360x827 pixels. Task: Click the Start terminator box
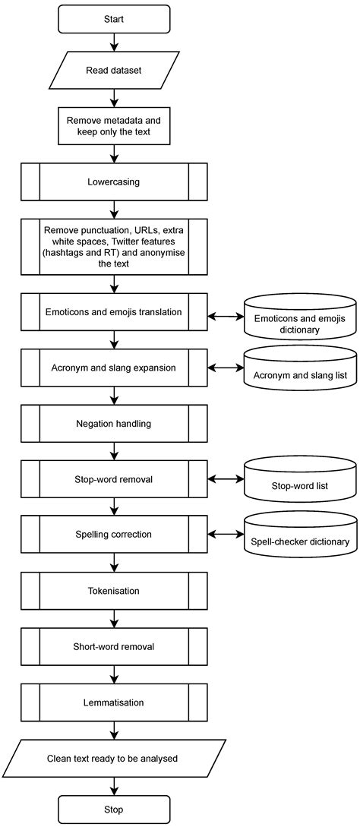pos(113,19)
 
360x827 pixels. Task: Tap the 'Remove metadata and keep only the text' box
pos(113,126)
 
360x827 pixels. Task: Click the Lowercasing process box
pos(113,182)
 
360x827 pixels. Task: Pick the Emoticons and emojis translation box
pos(113,311)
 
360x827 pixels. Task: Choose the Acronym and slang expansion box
pos(113,367)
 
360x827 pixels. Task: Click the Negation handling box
pos(113,423)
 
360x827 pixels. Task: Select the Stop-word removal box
pos(113,479)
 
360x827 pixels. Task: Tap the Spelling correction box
pos(113,535)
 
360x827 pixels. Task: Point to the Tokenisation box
pos(113,590)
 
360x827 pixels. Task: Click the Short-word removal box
pos(113,646)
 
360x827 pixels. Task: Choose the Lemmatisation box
pos(113,702)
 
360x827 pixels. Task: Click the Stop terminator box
pos(113,810)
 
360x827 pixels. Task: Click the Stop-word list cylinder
pos(300,481)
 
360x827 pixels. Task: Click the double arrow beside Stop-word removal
pos(226,479)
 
